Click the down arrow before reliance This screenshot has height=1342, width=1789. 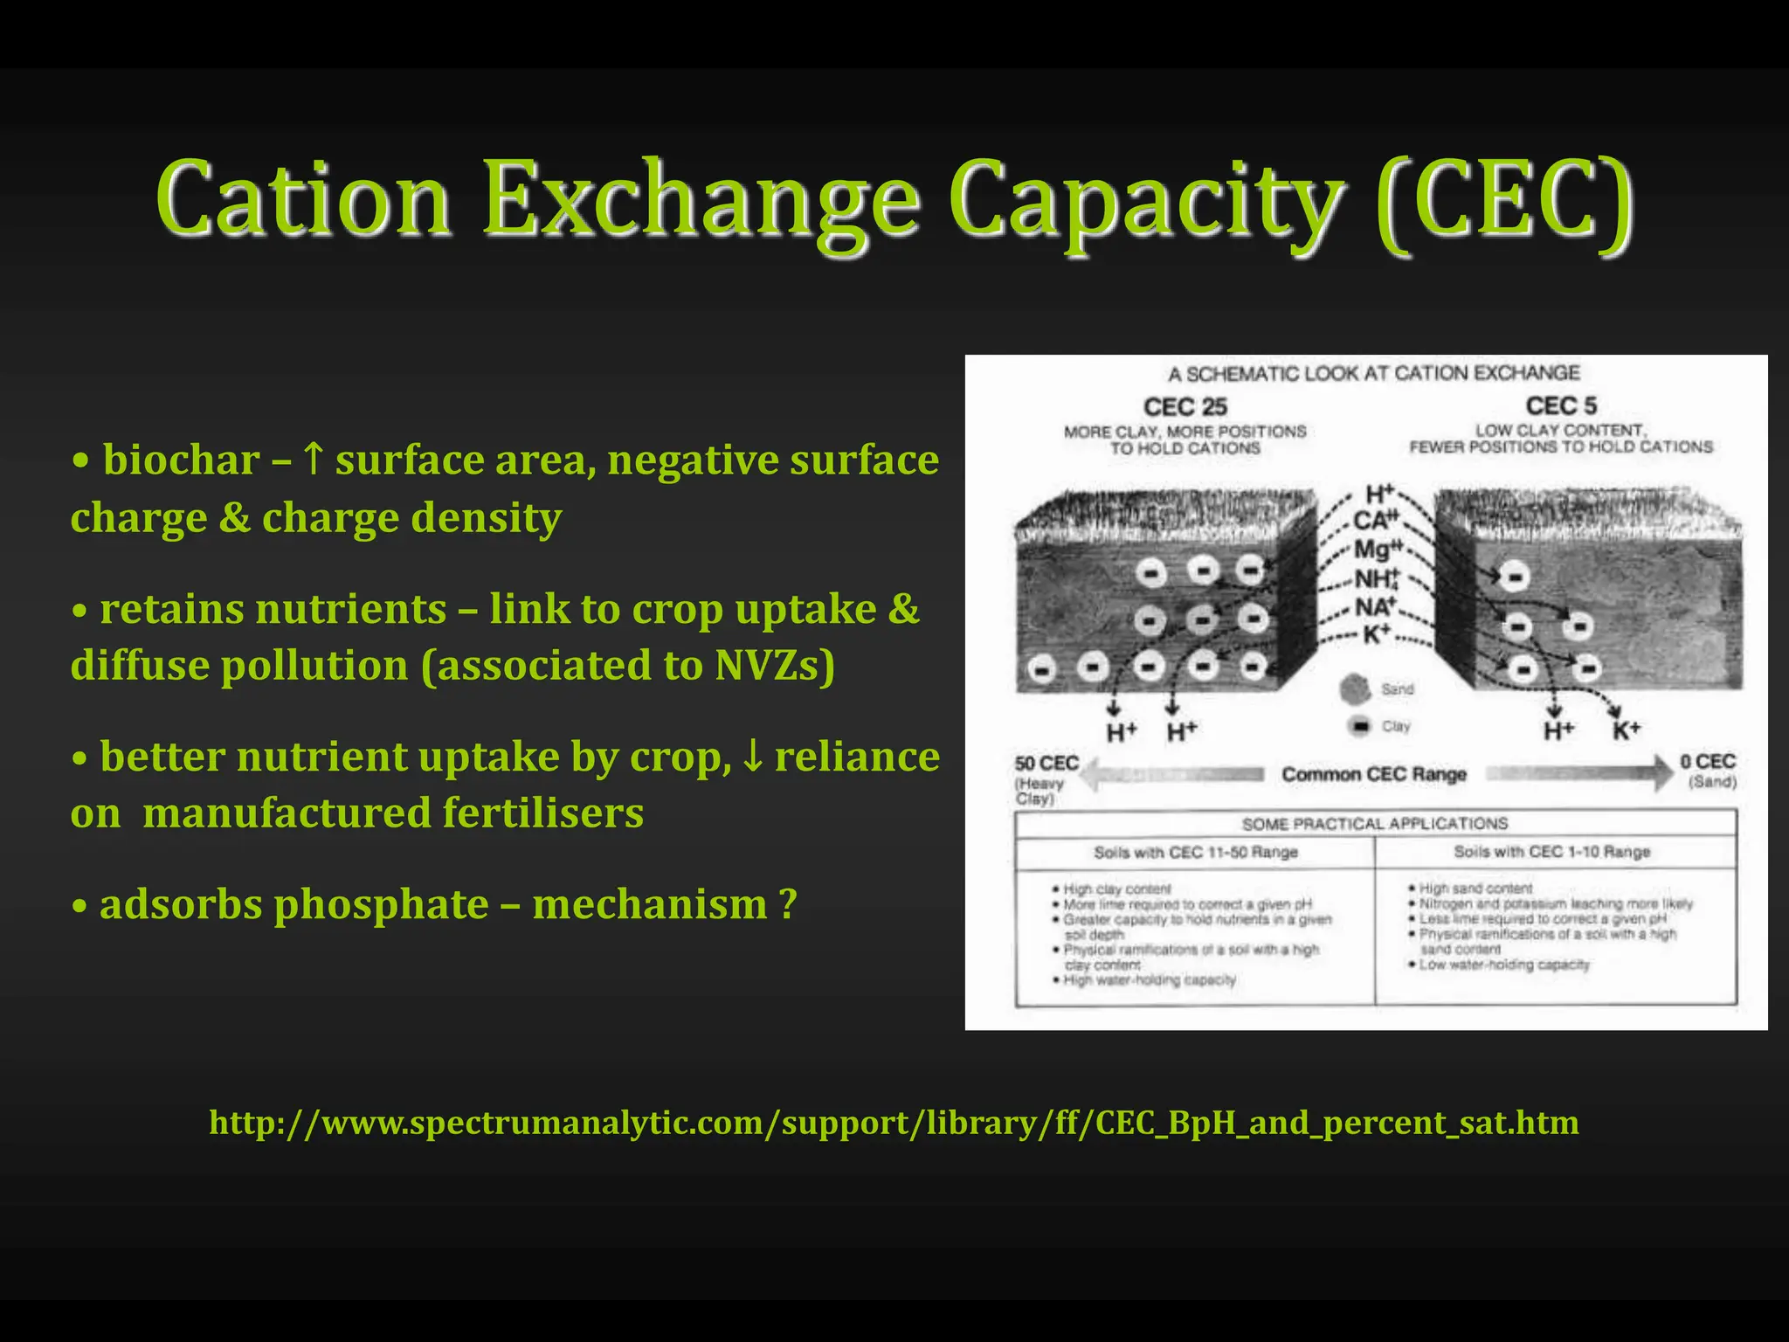coord(752,757)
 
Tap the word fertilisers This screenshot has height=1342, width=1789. coord(542,813)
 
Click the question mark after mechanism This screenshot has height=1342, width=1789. coord(787,904)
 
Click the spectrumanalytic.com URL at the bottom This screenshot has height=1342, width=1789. coord(894,1123)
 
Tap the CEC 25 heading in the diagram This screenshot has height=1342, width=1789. coord(1185,407)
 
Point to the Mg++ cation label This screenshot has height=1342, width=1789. coord(1377,550)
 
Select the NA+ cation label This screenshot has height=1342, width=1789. coord(1376,606)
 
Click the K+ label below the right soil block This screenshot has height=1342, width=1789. coord(1626,730)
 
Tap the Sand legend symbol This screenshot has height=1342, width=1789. coord(1355,689)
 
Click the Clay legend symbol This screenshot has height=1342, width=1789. coord(1359,726)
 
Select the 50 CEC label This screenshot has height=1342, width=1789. coord(1046,764)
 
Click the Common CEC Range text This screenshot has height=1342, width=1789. coord(1373,775)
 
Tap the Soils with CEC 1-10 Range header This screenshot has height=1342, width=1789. coord(1551,852)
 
